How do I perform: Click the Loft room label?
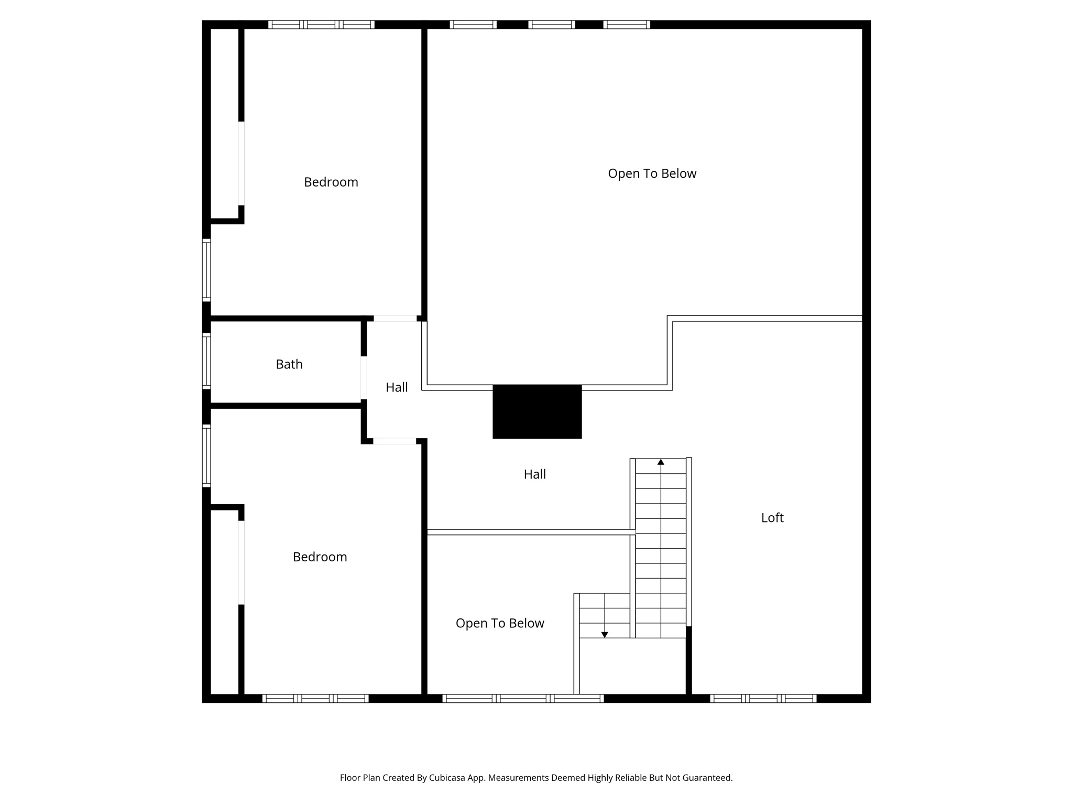tap(772, 518)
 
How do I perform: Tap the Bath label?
tap(289, 364)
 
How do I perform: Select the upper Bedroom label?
tap(331, 182)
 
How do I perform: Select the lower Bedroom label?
tap(320, 557)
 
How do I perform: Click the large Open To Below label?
tap(652, 173)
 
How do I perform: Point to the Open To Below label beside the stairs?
tap(500, 623)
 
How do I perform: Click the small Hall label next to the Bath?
tap(397, 387)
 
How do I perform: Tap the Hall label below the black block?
tap(534, 474)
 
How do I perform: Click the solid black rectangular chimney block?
tap(537, 411)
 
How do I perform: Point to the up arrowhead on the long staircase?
tap(661, 462)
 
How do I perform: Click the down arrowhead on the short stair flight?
tap(604, 635)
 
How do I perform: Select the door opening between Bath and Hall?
tap(364, 377)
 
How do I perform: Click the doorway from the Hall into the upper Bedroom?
tap(395, 318)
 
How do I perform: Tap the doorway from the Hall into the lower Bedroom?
tap(395, 441)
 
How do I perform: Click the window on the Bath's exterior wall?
tap(206, 361)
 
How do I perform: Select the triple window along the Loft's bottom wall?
tap(763, 698)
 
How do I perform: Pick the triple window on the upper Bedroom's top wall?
tap(321, 24)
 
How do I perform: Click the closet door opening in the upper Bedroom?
tap(242, 164)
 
